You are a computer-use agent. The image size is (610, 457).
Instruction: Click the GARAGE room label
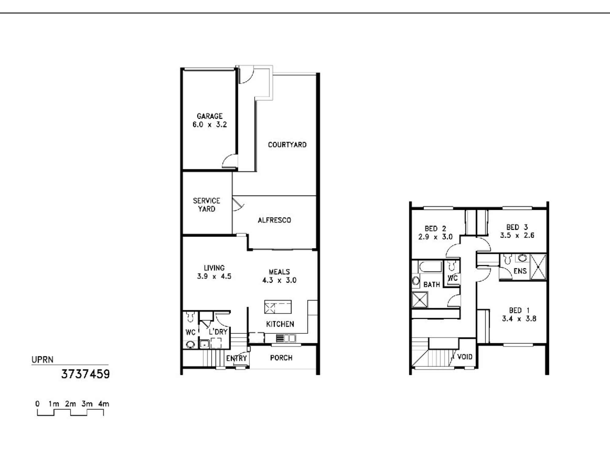(x=210, y=116)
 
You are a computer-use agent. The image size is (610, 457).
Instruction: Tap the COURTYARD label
(x=287, y=145)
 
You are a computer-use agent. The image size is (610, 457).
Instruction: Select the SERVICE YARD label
(x=206, y=205)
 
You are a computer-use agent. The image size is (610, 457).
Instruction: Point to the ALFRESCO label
(x=274, y=220)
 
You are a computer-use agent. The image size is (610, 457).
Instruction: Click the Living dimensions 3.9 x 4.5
(x=214, y=276)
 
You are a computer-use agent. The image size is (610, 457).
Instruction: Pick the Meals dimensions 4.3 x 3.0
(x=279, y=280)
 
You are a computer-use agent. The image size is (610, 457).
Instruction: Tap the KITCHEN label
(x=280, y=324)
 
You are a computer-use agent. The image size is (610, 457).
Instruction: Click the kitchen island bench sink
(x=270, y=307)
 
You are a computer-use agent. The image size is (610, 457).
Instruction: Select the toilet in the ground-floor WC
(x=190, y=317)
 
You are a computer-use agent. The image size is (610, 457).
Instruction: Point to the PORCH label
(x=281, y=358)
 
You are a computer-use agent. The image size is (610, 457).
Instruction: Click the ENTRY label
(x=236, y=358)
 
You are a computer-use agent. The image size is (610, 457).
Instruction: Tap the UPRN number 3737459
(x=85, y=374)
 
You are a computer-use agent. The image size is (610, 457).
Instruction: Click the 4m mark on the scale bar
(x=104, y=404)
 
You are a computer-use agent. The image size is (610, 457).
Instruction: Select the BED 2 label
(x=435, y=228)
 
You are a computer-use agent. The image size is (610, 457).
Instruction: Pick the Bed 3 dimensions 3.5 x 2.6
(x=517, y=235)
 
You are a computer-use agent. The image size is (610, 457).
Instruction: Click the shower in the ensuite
(x=538, y=267)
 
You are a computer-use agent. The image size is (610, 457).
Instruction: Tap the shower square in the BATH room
(x=420, y=300)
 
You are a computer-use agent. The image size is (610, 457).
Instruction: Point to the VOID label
(x=465, y=357)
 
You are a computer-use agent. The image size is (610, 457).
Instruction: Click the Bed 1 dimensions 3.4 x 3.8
(x=519, y=319)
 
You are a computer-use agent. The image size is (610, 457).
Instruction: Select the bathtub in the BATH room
(x=430, y=267)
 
